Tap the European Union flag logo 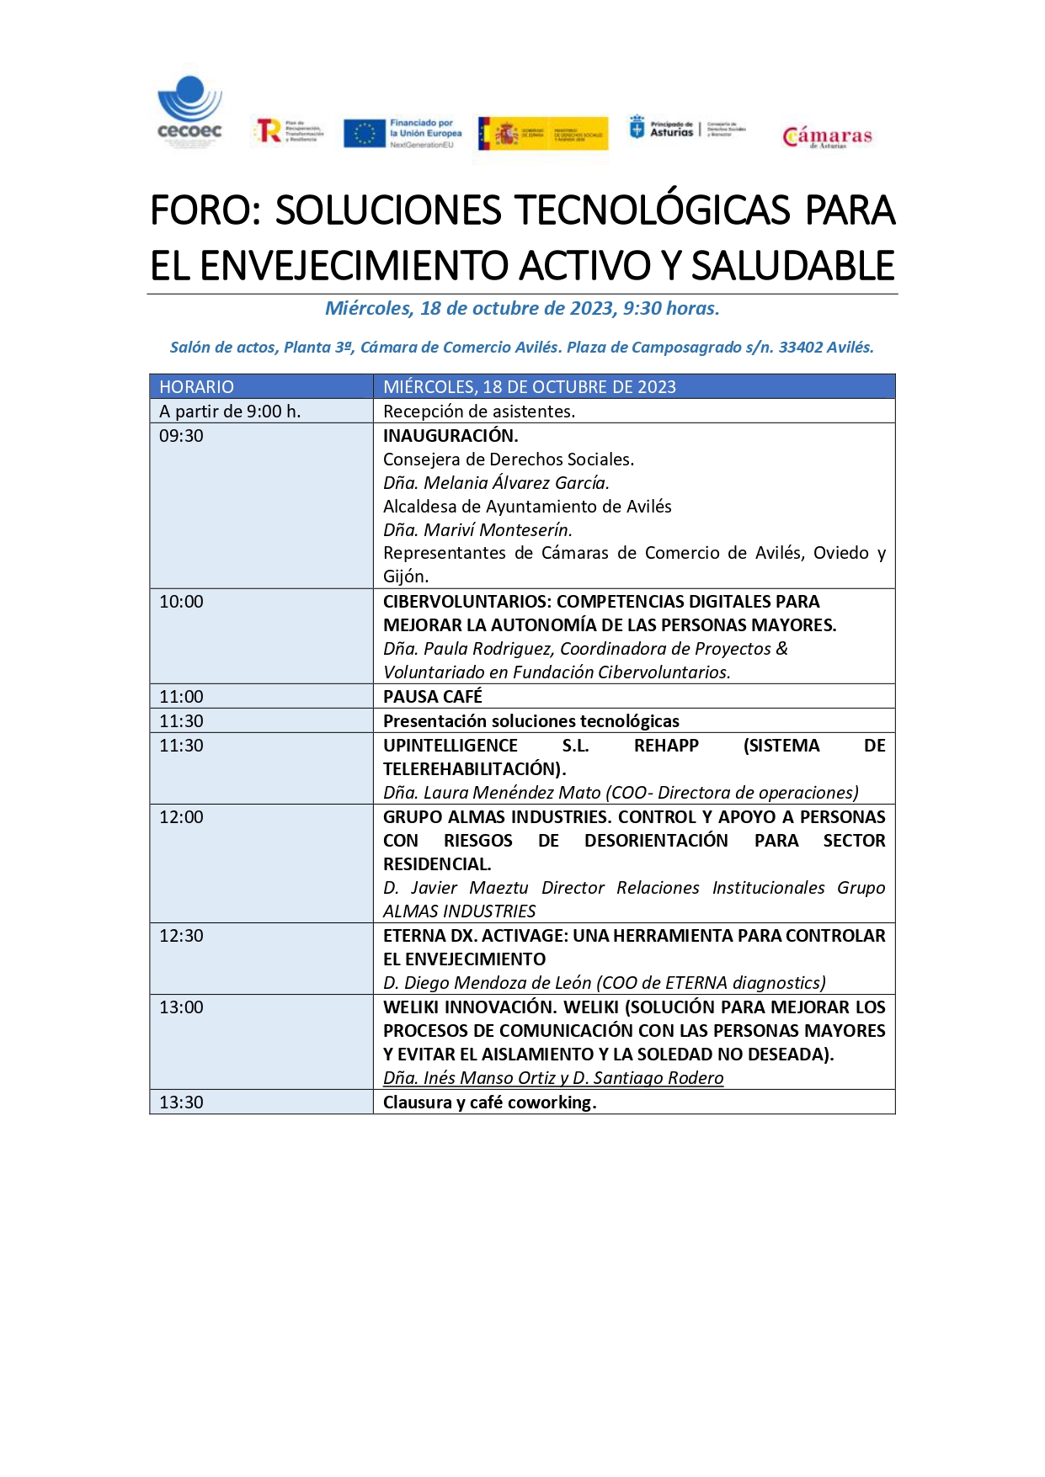[x=365, y=133]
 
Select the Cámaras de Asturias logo [x=827, y=136]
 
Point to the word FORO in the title [x=202, y=210]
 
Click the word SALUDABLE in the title [x=792, y=266]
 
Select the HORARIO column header [x=197, y=386]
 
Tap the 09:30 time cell [x=182, y=436]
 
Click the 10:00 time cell [x=182, y=602]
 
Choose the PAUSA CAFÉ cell [x=433, y=697]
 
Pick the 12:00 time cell [x=182, y=817]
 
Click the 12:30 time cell [x=182, y=936]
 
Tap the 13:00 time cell [x=182, y=1007]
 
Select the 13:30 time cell [x=182, y=1102]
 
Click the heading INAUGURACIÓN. [x=451, y=436]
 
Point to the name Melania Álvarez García [x=516, y=483]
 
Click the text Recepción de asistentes [x=479, y=412]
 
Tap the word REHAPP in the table [x=666, y=746]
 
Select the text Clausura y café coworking [x=489, y=1102]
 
